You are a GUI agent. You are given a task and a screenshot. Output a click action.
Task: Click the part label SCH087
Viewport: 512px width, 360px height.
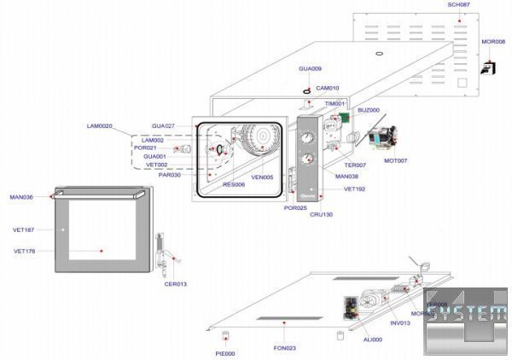coord(458,5)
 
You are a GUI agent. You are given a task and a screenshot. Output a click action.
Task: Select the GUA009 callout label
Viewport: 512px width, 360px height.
coord(310,68)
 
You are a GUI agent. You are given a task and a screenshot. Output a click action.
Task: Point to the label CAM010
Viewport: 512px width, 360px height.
coord(328,88)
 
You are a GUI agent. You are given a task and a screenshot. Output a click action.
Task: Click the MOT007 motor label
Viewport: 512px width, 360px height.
coord(395,160)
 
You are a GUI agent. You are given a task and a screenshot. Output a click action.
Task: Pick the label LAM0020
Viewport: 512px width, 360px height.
coord(99,125)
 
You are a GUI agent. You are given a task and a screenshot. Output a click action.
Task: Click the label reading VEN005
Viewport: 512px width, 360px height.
coord(262,177)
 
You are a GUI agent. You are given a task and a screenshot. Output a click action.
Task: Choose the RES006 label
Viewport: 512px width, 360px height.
coord(234,184)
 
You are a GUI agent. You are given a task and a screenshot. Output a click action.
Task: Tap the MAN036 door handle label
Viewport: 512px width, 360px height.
coord(21,197)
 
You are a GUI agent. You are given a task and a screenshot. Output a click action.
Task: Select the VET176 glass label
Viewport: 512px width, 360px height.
coord(25,251)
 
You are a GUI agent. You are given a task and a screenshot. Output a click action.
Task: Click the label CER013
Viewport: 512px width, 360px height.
coord(175,284)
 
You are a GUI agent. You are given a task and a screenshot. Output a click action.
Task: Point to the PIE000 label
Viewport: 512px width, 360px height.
coord(225,353)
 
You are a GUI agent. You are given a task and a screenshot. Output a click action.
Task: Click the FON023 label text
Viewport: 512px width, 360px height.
coord(284,347)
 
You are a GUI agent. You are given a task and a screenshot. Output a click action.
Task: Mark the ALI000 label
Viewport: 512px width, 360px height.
coord(372,339)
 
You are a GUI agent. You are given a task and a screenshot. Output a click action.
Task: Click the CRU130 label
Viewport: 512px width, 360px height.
coord(321,215)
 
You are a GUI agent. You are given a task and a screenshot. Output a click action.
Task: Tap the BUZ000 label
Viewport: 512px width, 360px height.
coord(369,110)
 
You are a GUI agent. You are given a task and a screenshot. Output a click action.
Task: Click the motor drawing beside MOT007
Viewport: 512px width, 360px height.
coord(383,136)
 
